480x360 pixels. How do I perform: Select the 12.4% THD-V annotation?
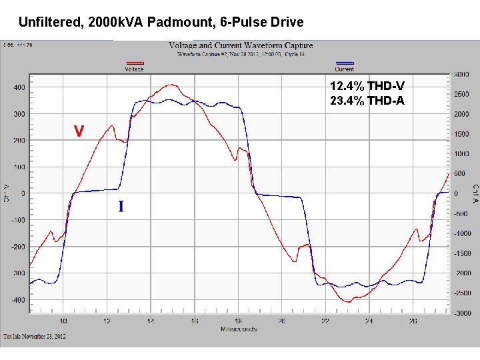367,86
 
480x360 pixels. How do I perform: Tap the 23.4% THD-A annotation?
367,101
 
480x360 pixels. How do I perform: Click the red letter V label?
79,131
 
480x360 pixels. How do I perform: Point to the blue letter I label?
121,207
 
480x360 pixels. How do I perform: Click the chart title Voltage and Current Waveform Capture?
241,46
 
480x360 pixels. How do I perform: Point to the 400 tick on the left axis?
19,87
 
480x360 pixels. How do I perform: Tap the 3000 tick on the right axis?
461,74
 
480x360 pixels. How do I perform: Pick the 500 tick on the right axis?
461,174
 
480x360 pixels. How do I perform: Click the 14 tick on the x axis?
151,321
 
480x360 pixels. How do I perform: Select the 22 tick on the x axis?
325,321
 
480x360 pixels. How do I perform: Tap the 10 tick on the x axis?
63,321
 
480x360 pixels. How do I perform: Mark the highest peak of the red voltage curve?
171,85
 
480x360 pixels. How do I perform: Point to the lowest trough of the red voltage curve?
347,302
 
